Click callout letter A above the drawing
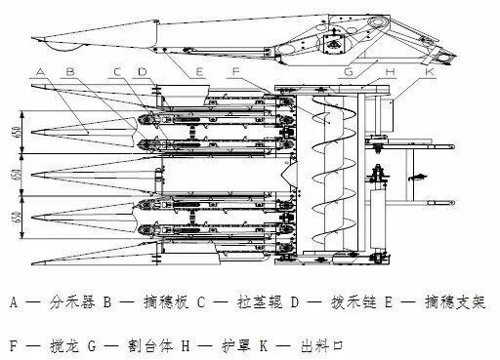pos(40,72)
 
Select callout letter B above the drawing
pos(70,72)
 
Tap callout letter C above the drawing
pos(117,72)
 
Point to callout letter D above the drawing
pos(143,72)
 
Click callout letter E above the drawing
pos(198,72)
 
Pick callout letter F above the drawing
pos(236,71)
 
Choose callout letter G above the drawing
pos(349,71)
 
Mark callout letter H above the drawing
pos(390,71)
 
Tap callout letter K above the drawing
pos(430,71)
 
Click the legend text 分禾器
pos(72,302)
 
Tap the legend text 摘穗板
pos(166,302)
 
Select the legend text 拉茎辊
pos(260,302)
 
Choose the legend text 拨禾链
pos(354,302)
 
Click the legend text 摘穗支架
pos(455,302)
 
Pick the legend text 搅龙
pos(64,345)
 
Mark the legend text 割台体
pos(150,345)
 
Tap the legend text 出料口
pos(322,345)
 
